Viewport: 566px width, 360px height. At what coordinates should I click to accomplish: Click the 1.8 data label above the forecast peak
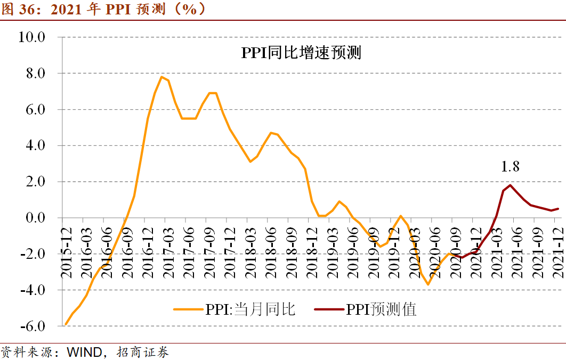click(510, 167)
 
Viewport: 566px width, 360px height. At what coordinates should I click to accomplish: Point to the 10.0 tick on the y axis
click(33, 37)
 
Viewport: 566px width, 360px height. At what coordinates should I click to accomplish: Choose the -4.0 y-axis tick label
click(33, 290)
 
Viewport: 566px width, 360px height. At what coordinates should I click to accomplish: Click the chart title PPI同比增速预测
click(301, 53)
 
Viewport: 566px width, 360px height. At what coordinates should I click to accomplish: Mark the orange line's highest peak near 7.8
click(161, 77)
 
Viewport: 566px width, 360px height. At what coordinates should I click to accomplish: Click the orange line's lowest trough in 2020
click(428, 284)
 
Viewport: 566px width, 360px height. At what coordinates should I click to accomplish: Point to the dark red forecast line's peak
click(510, 185)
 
